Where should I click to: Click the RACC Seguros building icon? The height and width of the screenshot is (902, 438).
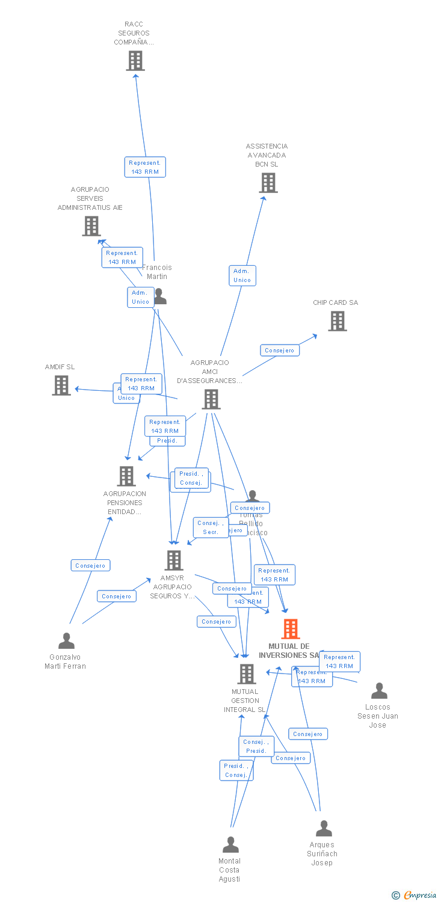pyautogui.click(x=135, y=61)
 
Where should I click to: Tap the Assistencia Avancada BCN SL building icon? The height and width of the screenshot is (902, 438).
pyautogui.click(x=268, y=183)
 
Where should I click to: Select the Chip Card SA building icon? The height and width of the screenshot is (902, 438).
pyautogui.click(x=338, y=321)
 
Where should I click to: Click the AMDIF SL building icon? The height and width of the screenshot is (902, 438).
pyautogui.click(x=61, y=385)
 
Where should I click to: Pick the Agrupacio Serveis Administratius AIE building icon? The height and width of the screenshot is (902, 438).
pyautogui.click(x=91, y=226)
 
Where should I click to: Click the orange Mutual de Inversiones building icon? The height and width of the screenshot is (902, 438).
pyautogui.click(x=291, y=629)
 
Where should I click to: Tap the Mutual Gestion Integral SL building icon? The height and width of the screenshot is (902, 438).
pyautogui.click(x=247, y=674)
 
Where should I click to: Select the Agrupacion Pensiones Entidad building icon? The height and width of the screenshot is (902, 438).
pyautogui.click(x=126, y=476)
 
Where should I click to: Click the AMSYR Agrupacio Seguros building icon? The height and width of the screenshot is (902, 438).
pyautogui.click(x=174, y=560)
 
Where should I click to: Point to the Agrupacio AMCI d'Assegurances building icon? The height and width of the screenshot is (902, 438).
pyautogui.click(x=211, y=399)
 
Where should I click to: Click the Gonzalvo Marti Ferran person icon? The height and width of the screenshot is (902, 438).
pyautogui.click(x=67, y=641)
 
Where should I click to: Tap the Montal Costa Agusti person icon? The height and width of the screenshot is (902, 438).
pyautogui.click(x=230, y=845)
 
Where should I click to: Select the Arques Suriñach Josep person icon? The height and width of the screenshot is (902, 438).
pyautogui.click(x=324, y=829)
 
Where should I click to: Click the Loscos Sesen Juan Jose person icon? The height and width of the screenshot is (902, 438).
pyautogui.click(x=379, y=691)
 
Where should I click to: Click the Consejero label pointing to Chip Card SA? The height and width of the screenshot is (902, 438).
pyautogui.click(x=280, y=350)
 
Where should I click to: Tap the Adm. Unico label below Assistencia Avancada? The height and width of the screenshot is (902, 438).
pyautogui.click(x=242, y=275)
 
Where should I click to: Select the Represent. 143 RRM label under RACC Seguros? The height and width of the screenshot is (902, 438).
pyautogui.click(x=145, y=167)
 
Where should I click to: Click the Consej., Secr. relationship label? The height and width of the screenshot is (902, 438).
pyautogui.click(x=211, y=527)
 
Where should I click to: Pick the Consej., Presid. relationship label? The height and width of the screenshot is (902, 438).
pyautogui.click(x=256, y=746)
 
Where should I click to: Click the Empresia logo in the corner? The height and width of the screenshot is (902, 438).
pyautogui.click(x=414, y=895)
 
